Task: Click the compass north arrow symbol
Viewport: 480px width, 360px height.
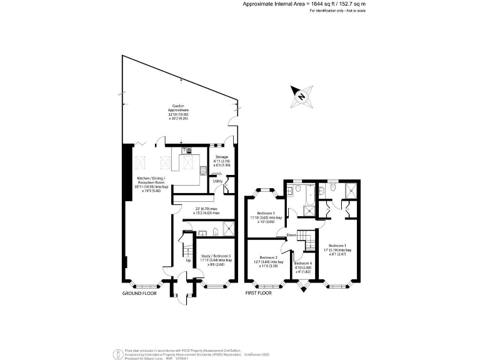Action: pyautogui.click(x=301, y=96)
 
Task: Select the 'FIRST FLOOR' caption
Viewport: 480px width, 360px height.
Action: pyautogui.click(x=259, y=292)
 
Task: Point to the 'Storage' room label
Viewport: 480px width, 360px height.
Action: pyautogui.click(x=222, y=157)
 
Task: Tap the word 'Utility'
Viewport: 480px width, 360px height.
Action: pyautogui.click(x=217, y=181)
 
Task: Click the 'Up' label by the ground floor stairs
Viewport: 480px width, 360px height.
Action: pyautogui.click(x=189, y=261)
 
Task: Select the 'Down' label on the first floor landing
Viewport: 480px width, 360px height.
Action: pyautogui.click(x=291, y=236)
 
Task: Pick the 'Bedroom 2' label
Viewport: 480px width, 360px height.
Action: pyautogui.click(x=268, y=258)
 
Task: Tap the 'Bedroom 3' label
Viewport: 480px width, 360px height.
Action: pyautogui.click(x=265, y=214)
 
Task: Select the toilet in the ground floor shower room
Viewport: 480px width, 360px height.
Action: pyautogui.click(x=214, y=231)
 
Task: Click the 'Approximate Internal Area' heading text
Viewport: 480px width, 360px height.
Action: pyautogui.click(x=275, y=4)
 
